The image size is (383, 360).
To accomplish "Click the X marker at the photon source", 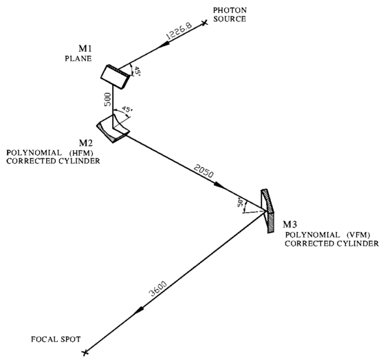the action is pyautogui.click(x=205, y=23).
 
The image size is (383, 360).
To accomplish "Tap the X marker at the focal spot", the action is pyautogui.click(x=85, y=352).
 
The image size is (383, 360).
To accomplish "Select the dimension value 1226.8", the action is pyautogui.click(x=179, y=31).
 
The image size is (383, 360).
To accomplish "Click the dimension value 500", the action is pyautogui.click(x=108, y=99).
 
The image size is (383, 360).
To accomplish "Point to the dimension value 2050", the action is pyautogui.click(x=204, y=171).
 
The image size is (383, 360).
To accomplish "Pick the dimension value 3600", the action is pyautogui.click(x=158, y=288).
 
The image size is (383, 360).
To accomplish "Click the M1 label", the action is pyautogui.click(x=85, y=49).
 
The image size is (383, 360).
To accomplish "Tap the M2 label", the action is pyautogui.click(x=86, y=142).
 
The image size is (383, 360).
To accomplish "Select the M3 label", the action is pyautogui.click(x=290, y=224).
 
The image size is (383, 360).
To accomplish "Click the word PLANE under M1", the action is pyautogui.click(x=78, y=59).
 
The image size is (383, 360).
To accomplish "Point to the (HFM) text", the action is pyautogui.click(x=81, y=153).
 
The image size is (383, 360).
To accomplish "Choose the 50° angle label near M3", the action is pyautogui.click(x=241, y=204).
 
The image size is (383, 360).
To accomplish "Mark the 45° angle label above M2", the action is pyautogui.click(x=127, y=109).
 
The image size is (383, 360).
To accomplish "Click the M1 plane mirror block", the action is pyautogui.click(x=115, y=76).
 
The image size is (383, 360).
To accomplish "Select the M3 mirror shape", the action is pyautogui.click(x=267, y=211).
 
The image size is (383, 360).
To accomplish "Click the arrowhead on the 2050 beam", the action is pyautogui.click(x=219, y=185).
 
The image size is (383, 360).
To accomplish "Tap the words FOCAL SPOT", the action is pyautogui.click(x=56, y=339).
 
